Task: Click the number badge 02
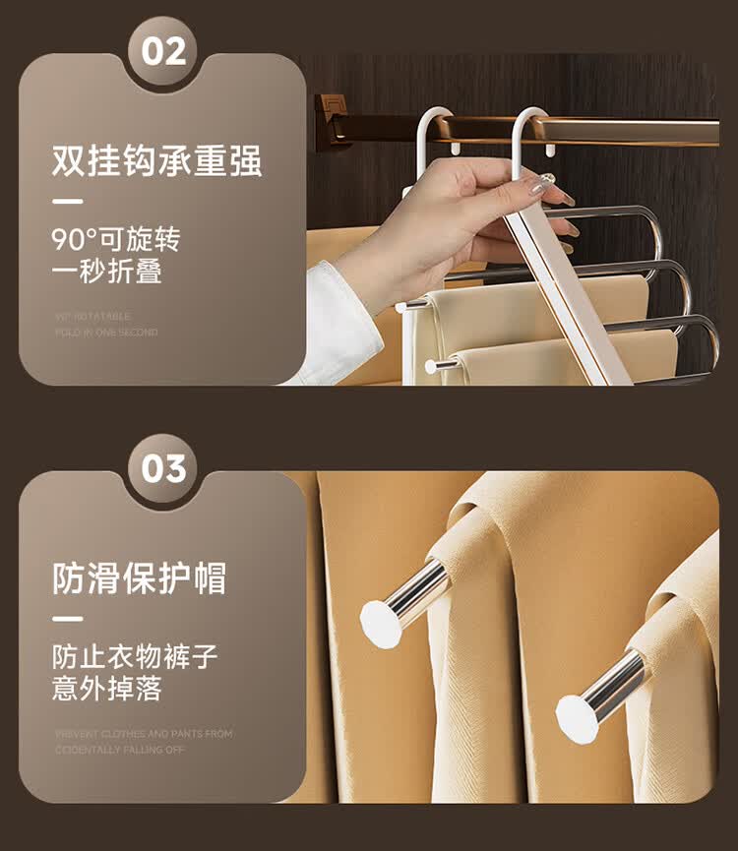[162, 50]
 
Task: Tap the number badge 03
[162, 468]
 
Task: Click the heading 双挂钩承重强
[157, 160]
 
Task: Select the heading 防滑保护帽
[139, 577]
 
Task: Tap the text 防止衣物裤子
[135, 656]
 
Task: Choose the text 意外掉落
[106, 689]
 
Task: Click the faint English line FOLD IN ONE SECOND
[106, 333]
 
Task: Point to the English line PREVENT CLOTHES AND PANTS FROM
[144, 734]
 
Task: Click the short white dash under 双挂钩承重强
[67, 202]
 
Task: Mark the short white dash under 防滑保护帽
[67, 619]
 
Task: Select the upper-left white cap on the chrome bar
[381, 623]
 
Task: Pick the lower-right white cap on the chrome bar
[578, 718]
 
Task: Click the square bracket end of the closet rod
[333, 121]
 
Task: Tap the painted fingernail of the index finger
[541, 186]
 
